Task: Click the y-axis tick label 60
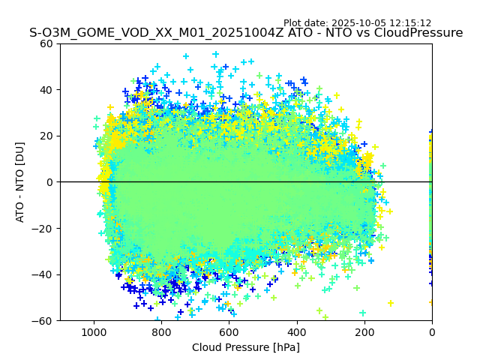click(46, 43)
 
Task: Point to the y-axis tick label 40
click(46, 90)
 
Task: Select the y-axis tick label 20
click(46, 136)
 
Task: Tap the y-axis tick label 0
click(49, 182)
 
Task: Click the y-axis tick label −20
click(43, 228)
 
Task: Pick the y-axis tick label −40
click(43, 274)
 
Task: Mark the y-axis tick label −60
click(43, 320)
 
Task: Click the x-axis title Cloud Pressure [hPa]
click(246, 347)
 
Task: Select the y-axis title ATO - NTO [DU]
click(21, 182)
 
